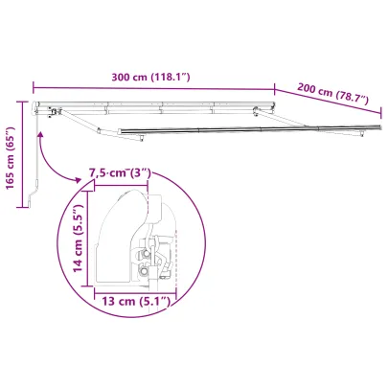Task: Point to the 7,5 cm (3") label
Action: [x=119, y=173]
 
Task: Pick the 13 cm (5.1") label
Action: [x=134, y=302]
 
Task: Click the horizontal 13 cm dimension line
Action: [x=134, y=290]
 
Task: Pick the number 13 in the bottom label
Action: [x=106, y=302]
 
